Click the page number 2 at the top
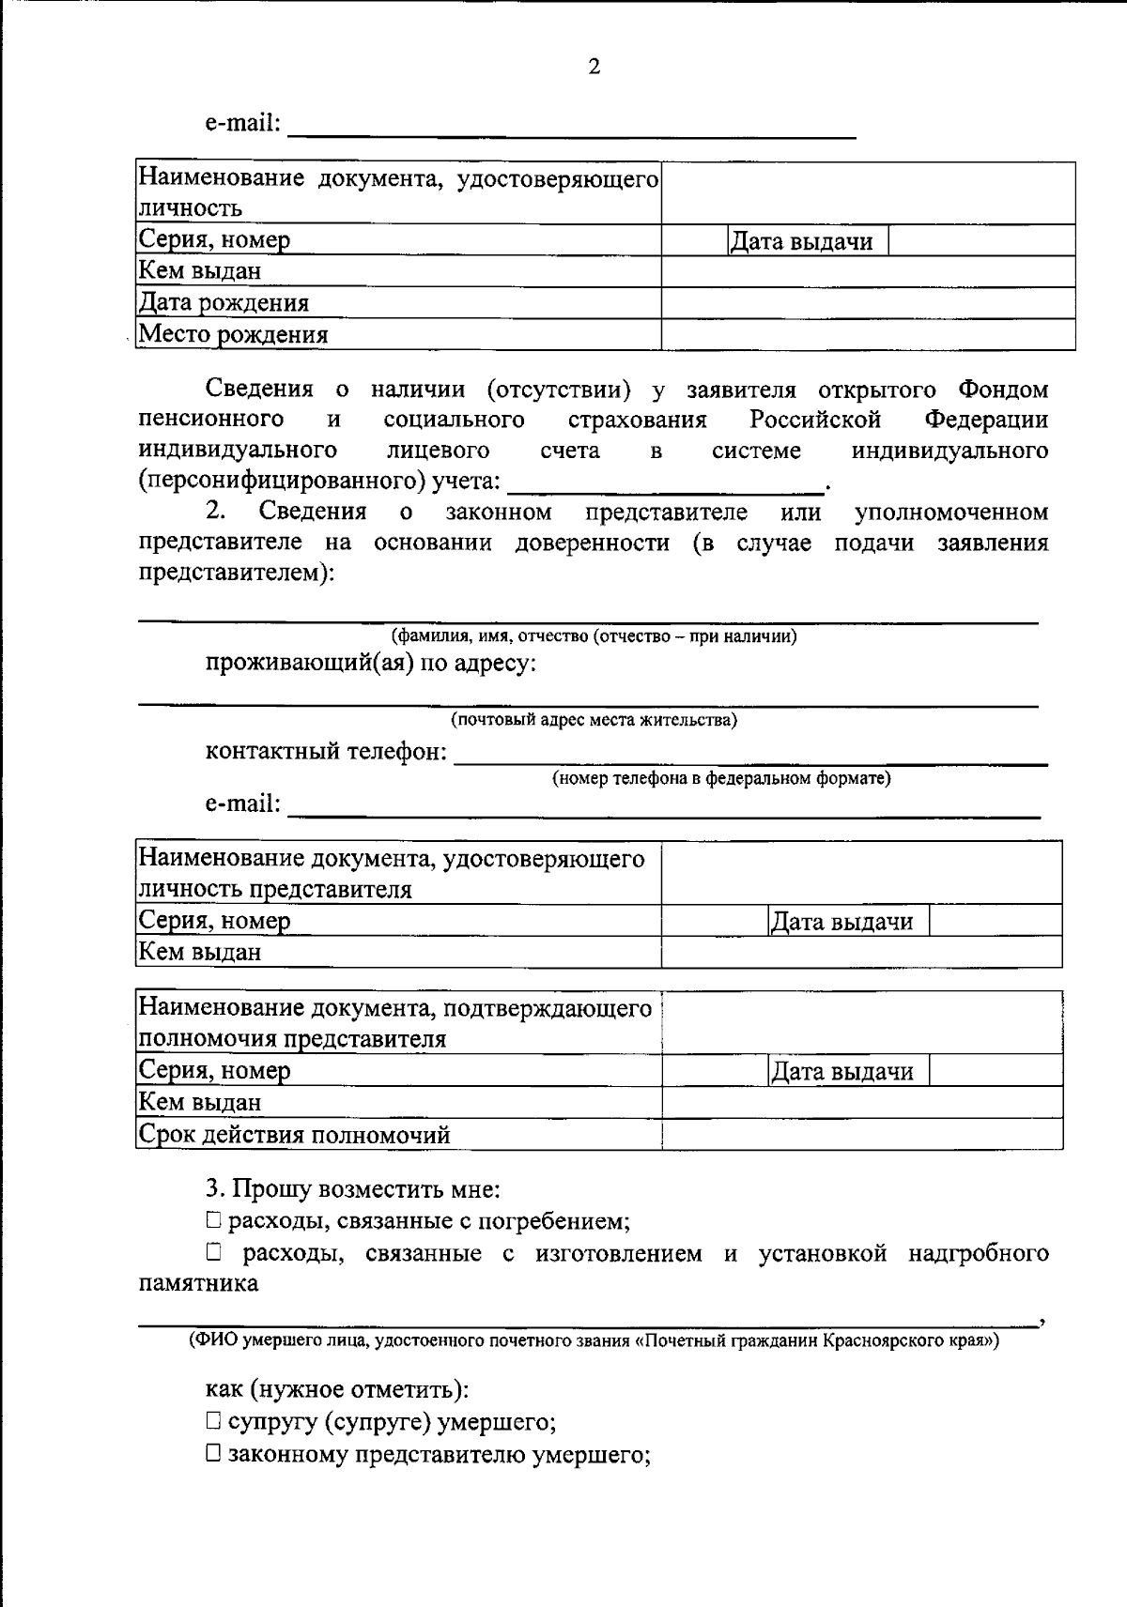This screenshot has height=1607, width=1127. coord(594,67)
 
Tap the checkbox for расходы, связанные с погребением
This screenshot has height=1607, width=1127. coord(214,1220)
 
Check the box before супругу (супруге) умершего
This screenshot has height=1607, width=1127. coord(214,1422)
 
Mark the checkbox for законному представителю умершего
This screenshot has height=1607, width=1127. coord(214,1454)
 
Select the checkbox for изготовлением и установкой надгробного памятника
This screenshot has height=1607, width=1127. coord(214,1252)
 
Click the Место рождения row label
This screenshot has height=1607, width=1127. coord(233,335)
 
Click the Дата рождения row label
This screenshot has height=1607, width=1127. coord(224,303)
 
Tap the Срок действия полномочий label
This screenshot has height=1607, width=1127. coord(295,1135)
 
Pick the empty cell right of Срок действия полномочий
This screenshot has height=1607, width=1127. coord(861,1134)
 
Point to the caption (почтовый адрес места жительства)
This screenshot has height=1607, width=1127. coord(594,720)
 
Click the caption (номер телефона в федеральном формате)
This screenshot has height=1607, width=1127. coord(720,778)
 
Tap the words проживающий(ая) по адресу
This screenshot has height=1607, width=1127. coord(372,664)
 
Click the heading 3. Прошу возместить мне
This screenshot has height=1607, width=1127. coord(353,1189)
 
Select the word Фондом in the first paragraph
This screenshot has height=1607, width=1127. coord(1004,389)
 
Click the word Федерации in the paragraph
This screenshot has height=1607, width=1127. coord(986,420)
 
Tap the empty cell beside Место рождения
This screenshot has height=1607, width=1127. coord(868,334)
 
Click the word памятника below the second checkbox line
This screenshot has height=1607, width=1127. coord(198,1283)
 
